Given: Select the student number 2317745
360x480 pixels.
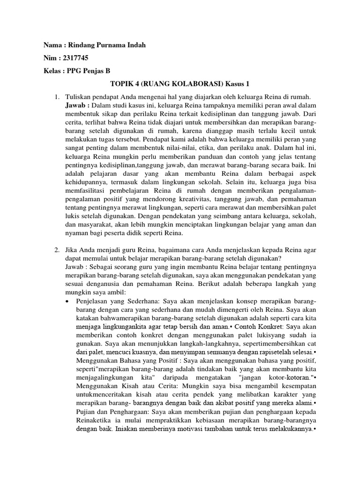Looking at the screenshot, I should pos(75,58).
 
